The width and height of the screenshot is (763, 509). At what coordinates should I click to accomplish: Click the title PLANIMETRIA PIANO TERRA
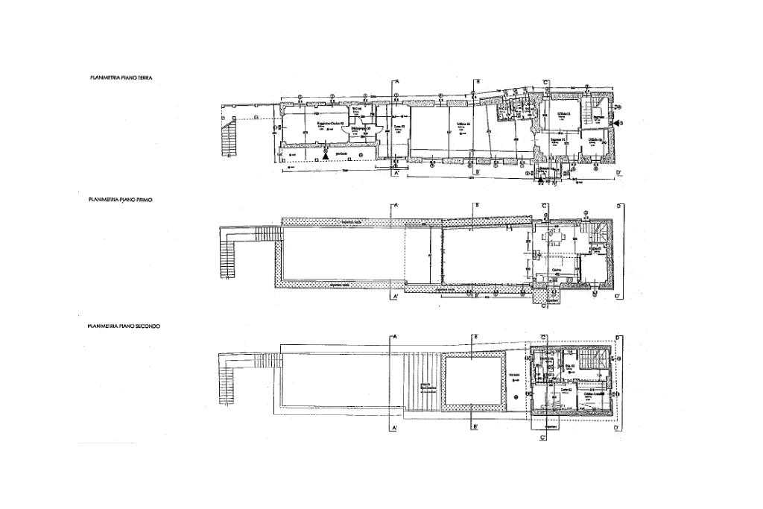tap(120, 77)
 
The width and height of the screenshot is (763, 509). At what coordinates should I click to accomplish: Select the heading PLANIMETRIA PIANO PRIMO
tap(120, 200)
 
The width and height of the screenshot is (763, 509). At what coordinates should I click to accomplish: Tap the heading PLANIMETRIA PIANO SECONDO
tap(124, 326)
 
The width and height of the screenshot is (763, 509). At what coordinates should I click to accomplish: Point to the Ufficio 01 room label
tap(565, 113)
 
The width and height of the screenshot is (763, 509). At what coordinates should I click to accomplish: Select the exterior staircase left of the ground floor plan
tap(229, 139)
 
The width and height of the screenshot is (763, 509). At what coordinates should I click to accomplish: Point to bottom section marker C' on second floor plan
tap(543, 438)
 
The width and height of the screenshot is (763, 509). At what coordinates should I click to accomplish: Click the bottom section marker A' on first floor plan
tap(397, 297)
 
